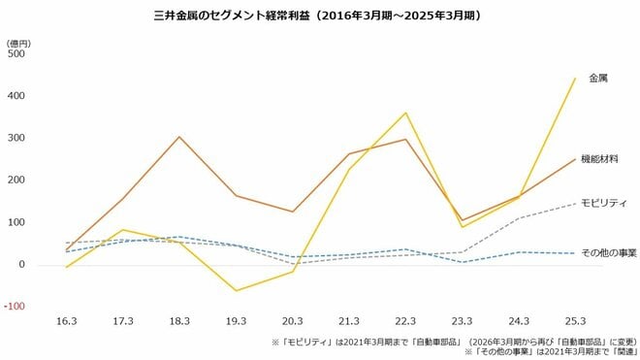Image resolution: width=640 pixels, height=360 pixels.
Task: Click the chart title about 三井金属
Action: pos(319,16)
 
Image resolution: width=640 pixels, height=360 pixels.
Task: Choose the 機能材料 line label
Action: pos(599,158)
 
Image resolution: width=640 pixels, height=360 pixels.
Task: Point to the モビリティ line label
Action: pos(603,203)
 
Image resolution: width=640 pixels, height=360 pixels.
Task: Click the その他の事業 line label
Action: pos(607,252)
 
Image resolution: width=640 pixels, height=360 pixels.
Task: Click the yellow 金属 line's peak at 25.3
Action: pos(575,79)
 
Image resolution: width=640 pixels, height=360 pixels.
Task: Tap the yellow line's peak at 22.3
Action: pos(405,113)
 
